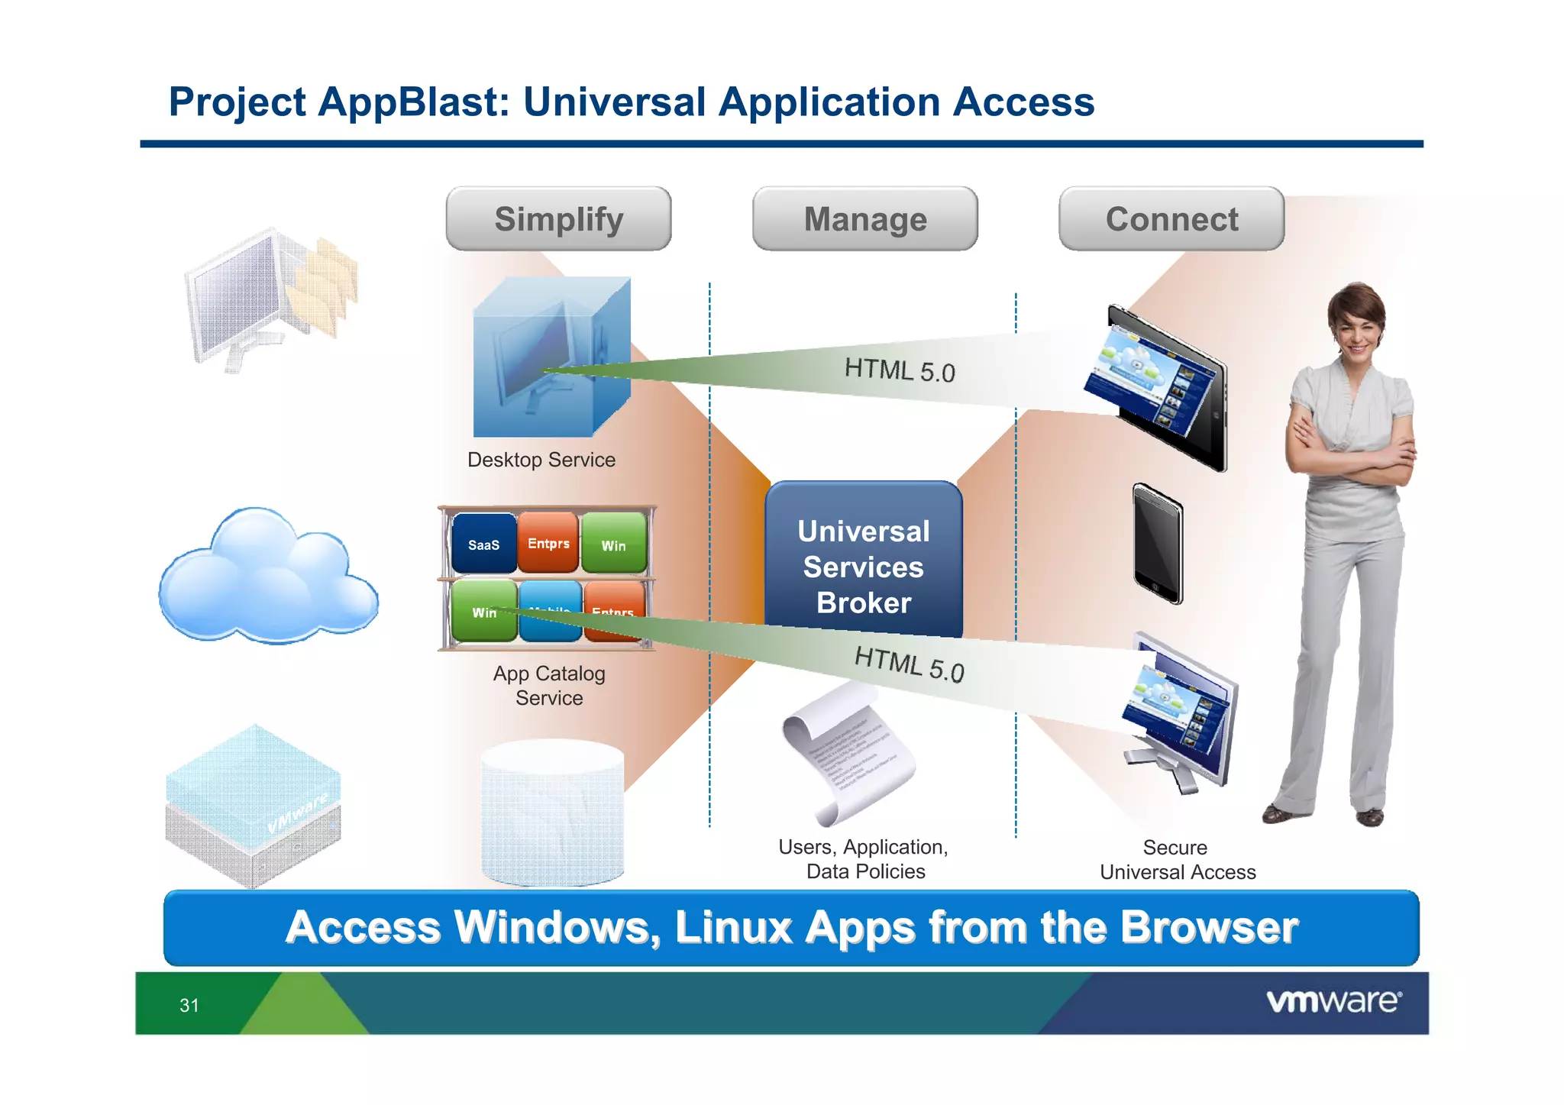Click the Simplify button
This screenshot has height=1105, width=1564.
point(558,219)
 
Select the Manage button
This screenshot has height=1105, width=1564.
point(864,219)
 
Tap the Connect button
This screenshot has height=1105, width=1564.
point(1171,219)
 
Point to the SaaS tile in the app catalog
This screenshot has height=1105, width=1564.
point(483,544)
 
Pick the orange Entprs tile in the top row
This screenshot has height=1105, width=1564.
point(548,543)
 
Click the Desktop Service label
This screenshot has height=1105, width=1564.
point(541,460)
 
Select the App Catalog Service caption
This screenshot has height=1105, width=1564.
point(548,685)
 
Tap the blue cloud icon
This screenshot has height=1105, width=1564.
point(267,577)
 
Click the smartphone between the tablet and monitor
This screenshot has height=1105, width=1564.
point(1158,544)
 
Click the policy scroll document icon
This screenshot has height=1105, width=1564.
point(848,752)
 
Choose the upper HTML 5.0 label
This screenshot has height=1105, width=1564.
point(899,370)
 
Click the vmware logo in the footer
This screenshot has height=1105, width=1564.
point(1333,1001)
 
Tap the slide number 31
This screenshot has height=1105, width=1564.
point(189,1005)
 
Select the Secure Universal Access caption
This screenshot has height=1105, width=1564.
point(1177,859)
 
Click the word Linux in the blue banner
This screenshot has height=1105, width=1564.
point(733,927)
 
